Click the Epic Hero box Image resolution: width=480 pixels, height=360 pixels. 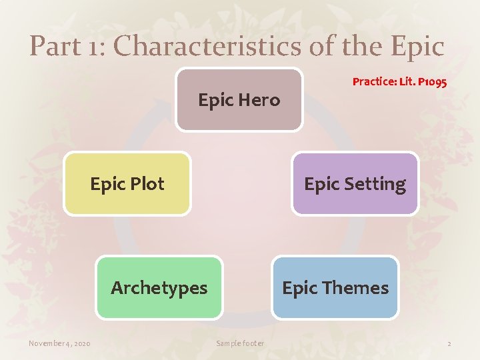[239, 100]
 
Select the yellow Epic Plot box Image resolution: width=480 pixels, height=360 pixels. [127, 184]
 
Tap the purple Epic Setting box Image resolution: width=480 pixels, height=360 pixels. [355, 184]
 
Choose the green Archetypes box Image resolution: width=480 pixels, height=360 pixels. [159, 288]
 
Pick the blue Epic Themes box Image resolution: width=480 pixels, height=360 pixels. [335, 288]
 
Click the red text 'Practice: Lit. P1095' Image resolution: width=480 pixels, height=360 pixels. [399, 82]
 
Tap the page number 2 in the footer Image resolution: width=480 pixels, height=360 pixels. [449, 343]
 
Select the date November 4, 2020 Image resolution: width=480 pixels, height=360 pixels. [59, 343]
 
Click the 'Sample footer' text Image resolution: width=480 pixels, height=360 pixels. [240, 343]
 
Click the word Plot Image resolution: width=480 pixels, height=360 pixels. [147, 184]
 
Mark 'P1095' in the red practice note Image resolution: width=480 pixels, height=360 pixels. [431, 82]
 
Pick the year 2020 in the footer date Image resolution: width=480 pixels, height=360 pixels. [81, 343]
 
